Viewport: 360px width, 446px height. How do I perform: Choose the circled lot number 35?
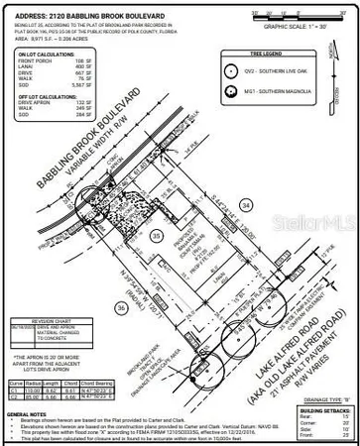pos(156,236)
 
